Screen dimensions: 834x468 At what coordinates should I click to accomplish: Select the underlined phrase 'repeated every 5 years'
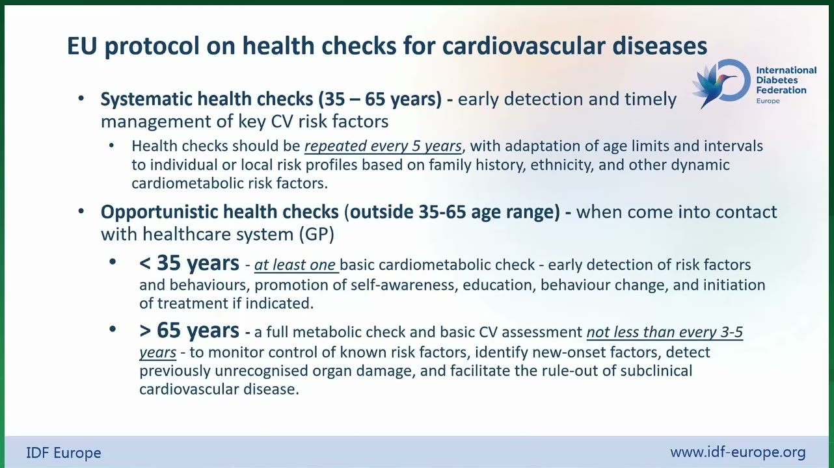pos(383,146)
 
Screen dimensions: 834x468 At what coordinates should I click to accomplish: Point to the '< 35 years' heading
pos(189,263)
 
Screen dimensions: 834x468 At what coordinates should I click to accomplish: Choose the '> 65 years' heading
pos(189,330)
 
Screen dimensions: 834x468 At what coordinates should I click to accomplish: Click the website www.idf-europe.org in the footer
pos(738,452)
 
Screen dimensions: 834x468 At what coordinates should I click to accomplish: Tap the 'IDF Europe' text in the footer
pos(64,453)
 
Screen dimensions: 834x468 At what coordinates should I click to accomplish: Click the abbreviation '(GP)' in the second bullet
pos(316,235)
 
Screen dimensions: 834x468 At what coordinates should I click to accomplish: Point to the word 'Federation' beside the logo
pos(781,90)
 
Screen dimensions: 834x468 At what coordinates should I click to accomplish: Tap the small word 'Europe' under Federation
pos(768,101)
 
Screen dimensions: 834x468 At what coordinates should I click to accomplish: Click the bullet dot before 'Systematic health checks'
pos(81,98)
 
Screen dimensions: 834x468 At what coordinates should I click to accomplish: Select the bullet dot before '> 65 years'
pos(113,329)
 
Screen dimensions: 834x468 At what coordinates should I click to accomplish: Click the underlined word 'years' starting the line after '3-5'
pos(158,352)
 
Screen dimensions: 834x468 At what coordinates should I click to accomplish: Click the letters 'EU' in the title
pos(82,45)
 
